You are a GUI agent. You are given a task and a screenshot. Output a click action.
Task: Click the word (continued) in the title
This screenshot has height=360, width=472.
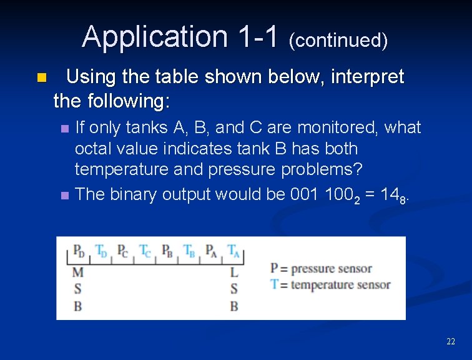(x=338, y=41)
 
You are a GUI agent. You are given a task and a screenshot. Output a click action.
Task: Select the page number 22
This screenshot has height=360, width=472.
(x=450, y=341)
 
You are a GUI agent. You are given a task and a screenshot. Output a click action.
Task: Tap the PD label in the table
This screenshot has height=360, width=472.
(x=79, y=251)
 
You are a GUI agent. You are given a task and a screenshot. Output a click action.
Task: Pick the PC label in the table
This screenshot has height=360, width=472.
(x=124, y=251)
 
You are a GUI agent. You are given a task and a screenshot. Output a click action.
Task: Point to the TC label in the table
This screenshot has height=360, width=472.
(x=145, y=251)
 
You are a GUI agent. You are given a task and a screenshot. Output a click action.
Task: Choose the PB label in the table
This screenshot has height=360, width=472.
(x=167, y=251)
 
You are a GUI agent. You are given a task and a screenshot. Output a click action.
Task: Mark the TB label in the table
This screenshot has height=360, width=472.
(x=189, y=251)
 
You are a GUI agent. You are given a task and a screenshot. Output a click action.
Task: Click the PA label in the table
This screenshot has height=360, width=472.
(x=211, y=251)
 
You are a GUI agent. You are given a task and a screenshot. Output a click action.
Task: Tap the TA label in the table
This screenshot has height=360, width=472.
(x=233, y=251)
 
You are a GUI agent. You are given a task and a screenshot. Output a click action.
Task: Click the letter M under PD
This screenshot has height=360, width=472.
(x=77, y=272)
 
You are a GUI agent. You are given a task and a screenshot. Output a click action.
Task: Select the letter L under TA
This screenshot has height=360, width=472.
(x=234, y=272)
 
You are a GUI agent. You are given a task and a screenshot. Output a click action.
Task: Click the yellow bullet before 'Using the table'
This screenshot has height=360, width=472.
(x=41, y=78)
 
